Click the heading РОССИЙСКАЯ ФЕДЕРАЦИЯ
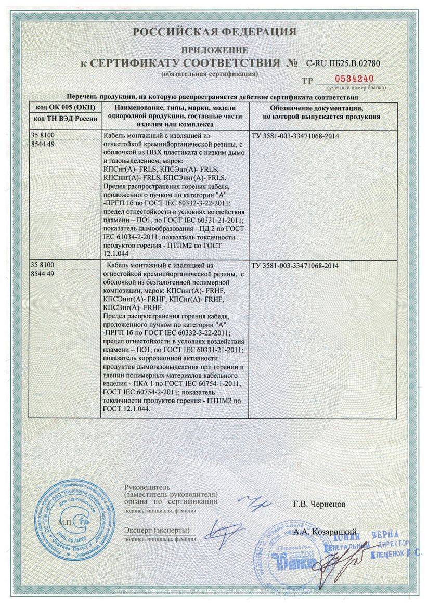(214, 32)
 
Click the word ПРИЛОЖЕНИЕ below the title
(214, 50)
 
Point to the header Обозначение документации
(321, 108)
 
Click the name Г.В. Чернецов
(319, 504)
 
